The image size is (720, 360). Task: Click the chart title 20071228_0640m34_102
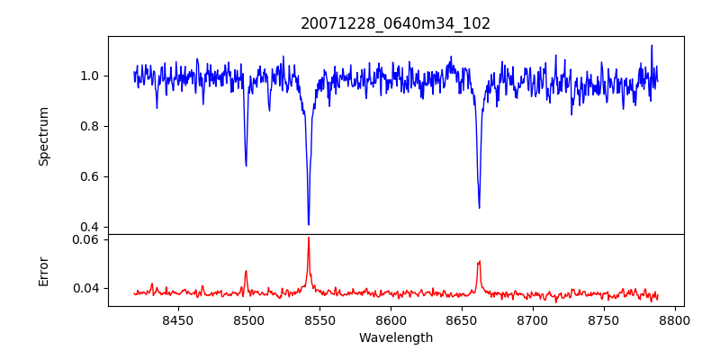point(395,23)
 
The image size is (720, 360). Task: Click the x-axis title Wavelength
point(395,338)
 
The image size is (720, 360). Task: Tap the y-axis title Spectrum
point(43,136)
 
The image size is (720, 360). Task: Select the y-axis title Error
point(43,270)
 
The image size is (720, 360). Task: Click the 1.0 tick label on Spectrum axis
point(92,76)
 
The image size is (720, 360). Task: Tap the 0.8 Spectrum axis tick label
point(92,126)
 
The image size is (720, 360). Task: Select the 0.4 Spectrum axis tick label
point(92,227)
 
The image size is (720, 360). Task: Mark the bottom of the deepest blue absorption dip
point(309,224)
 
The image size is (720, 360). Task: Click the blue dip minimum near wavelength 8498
point(246,166)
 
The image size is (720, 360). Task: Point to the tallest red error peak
point(309,238)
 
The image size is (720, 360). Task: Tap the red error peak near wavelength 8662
point(479,261)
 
